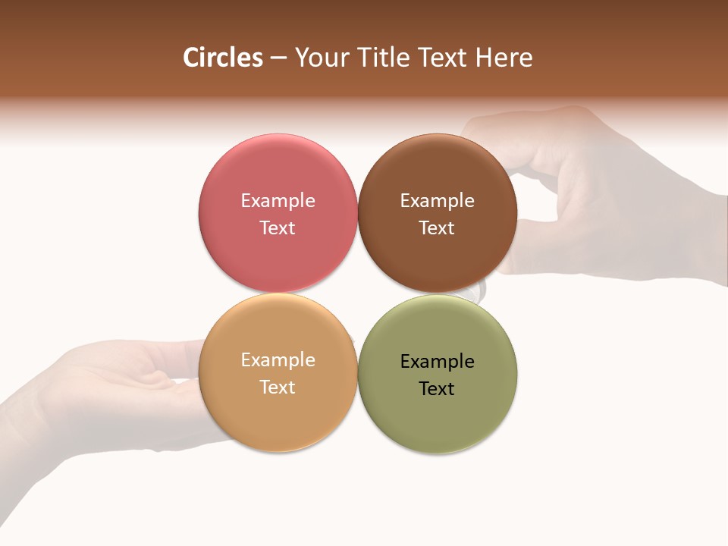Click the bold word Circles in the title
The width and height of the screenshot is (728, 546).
click(x=222, y=58)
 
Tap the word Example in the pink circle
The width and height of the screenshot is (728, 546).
click(x=278, y=201)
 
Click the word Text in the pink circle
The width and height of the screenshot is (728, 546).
click(x=278, y=227)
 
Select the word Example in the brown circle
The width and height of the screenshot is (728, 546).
click(x=437, y=201)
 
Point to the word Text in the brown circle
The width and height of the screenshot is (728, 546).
click(x=437, y=227)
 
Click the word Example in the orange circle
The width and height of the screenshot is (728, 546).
click(x=278, y=360)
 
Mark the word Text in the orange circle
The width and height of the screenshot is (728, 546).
click(x=278, y=387)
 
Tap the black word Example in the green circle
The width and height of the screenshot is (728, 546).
click(x=437, y=362)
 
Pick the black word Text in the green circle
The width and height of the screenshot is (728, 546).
click(x=437, y=389)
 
